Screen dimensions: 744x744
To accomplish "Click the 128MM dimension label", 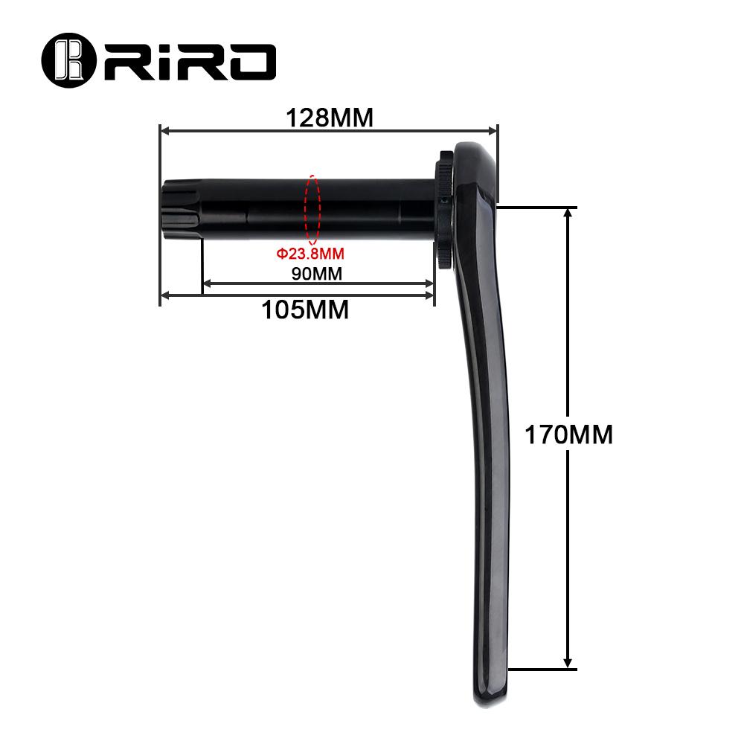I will [330, 118].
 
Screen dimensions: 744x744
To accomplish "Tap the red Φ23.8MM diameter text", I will [310, 254].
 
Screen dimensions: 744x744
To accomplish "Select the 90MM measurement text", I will [316, 273].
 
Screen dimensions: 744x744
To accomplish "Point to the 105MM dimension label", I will [305, 310].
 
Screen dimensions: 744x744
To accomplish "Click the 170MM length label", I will [569, 434].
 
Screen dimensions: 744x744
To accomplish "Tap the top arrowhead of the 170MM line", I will [568, 212].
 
